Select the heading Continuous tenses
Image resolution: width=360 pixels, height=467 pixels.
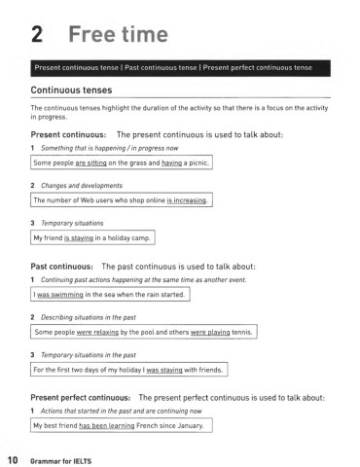77,90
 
